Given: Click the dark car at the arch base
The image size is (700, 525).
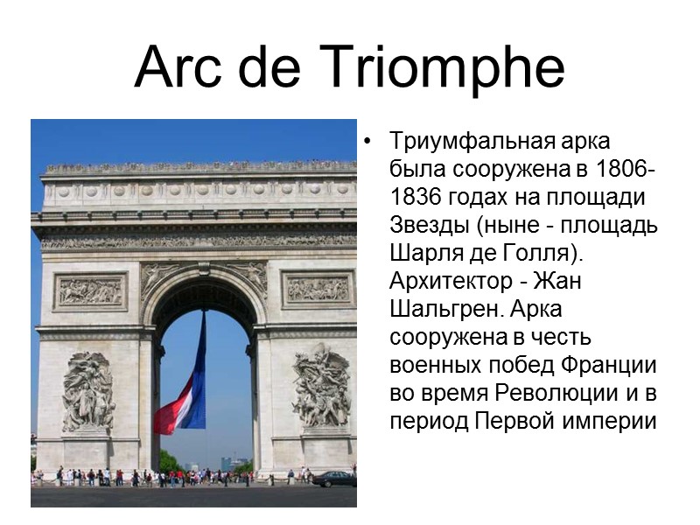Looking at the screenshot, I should coord(334,479).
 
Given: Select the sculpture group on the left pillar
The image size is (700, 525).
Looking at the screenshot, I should coord(87,391).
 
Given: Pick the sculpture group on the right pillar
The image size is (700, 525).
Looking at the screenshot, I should coord(321,387).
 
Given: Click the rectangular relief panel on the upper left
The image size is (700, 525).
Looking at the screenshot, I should coord(90,291).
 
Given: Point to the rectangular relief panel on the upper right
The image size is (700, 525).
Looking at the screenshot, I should coord(318,289).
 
